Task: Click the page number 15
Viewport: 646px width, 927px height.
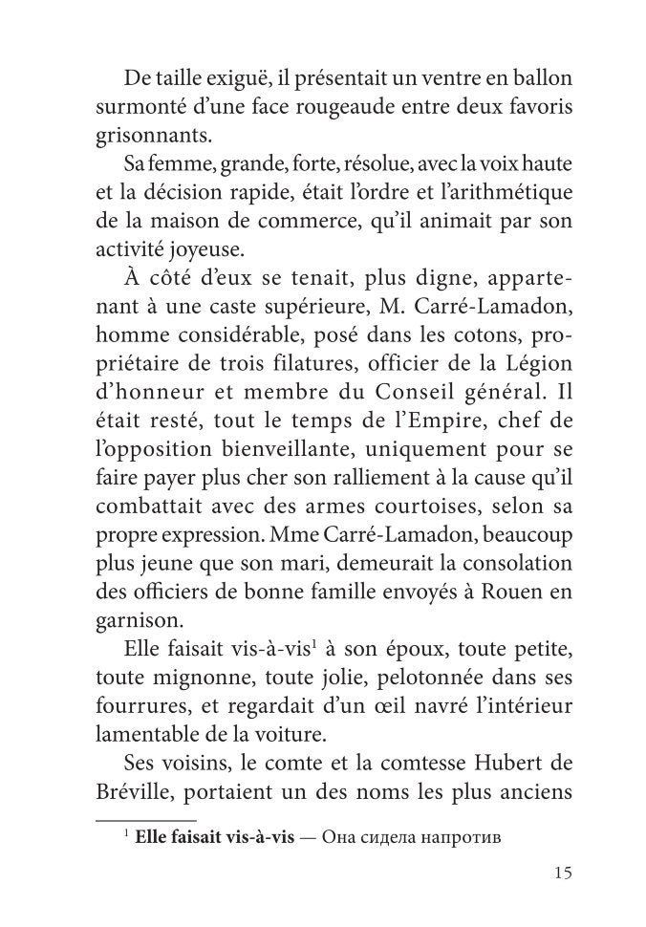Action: coord(562,873)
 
